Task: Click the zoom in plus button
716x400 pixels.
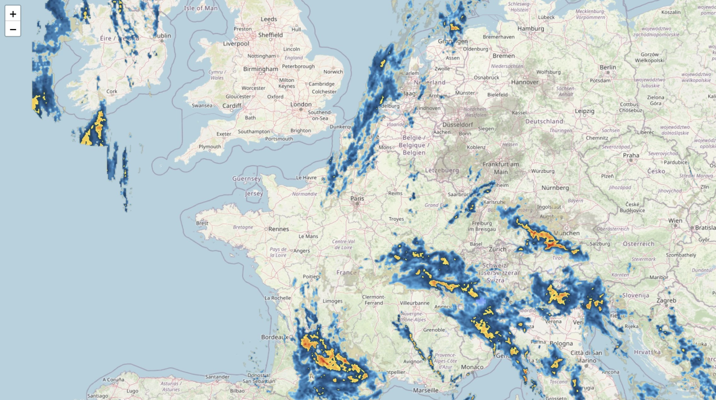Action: pos(13,14)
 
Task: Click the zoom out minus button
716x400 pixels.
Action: pos(13,29)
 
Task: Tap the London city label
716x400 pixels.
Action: pos(301,104)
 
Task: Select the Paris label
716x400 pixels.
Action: pos(357,198)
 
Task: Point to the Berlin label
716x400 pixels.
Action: pos(608,67)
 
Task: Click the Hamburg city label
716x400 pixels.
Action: pos(531,29)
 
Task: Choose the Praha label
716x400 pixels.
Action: pos(631,155)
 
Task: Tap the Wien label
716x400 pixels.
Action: pos(675,221)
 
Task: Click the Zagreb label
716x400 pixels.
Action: pos(666,300)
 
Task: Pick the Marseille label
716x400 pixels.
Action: pos(425,390)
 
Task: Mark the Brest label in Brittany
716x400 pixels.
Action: pos(202,223)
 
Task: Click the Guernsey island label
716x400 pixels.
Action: pos(246,179)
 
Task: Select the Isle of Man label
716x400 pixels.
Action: pos(201,8)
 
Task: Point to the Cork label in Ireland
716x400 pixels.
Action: pos(112,91)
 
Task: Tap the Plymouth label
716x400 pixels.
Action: pos(210,146)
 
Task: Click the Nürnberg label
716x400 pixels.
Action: pos(555,188)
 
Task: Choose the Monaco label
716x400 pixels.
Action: pos(472,367)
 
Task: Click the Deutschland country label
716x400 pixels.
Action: pos(544,121)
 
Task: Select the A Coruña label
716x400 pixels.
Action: pos(113,379)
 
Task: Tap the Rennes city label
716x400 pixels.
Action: pos(278,229)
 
